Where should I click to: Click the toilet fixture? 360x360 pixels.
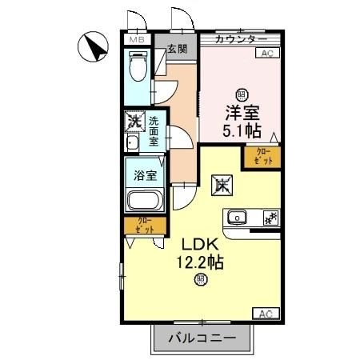137,69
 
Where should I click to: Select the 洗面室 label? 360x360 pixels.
152,130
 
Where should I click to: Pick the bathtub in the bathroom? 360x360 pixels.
145,202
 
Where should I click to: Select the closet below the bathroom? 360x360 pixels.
145,226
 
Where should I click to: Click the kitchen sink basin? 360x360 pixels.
238,217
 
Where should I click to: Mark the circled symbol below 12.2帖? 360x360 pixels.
200,280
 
